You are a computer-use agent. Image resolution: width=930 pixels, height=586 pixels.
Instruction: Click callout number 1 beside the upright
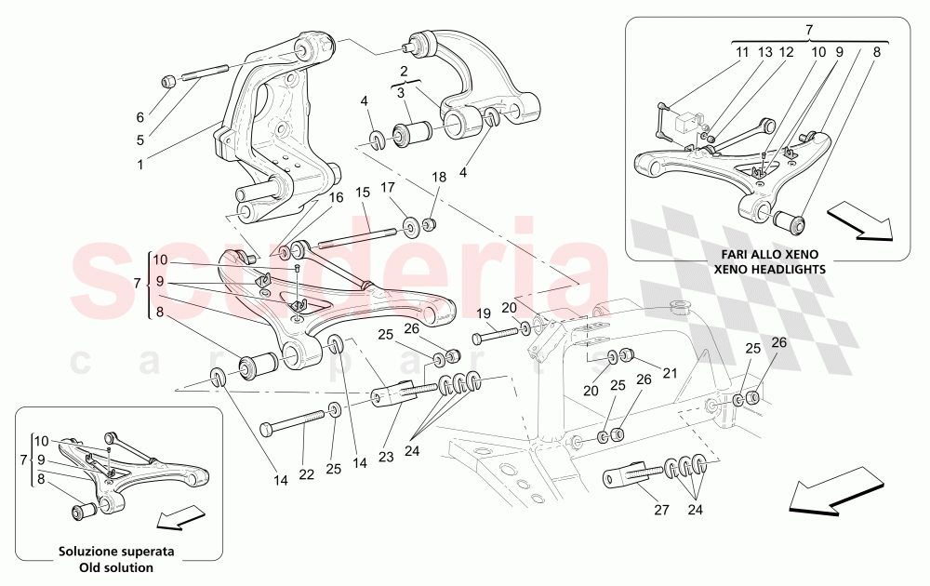click(140, 165)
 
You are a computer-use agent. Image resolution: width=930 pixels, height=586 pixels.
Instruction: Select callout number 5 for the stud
click(139, 141)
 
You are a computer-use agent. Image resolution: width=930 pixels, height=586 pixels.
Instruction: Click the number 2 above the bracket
click(405, 72)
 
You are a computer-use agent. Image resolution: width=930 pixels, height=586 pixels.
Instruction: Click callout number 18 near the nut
click(438, 177)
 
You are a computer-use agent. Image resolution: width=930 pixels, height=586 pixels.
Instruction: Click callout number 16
click(335, 197)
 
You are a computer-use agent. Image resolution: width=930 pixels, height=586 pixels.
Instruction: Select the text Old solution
click(118, 566)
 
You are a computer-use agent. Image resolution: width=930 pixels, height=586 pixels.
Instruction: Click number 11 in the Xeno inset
click(741, 53)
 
